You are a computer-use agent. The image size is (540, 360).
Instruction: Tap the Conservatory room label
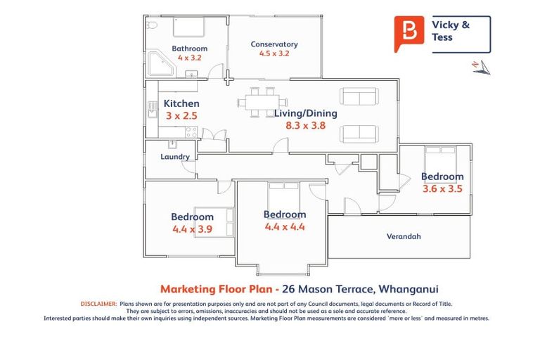274,44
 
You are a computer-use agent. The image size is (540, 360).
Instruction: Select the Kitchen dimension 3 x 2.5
181,115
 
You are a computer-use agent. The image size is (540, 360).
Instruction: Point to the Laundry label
175,157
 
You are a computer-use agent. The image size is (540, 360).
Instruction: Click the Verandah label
404,236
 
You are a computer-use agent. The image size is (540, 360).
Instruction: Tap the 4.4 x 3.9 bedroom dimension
192,229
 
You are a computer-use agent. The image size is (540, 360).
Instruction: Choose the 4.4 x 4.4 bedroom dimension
285,226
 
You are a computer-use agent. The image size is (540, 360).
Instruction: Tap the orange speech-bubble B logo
409,33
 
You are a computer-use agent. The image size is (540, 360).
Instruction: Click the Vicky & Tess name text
451,31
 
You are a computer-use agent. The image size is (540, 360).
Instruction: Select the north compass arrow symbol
480,67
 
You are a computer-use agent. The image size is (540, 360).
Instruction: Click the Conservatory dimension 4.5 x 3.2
274,53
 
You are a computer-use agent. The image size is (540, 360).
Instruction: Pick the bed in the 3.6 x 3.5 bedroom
439,157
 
